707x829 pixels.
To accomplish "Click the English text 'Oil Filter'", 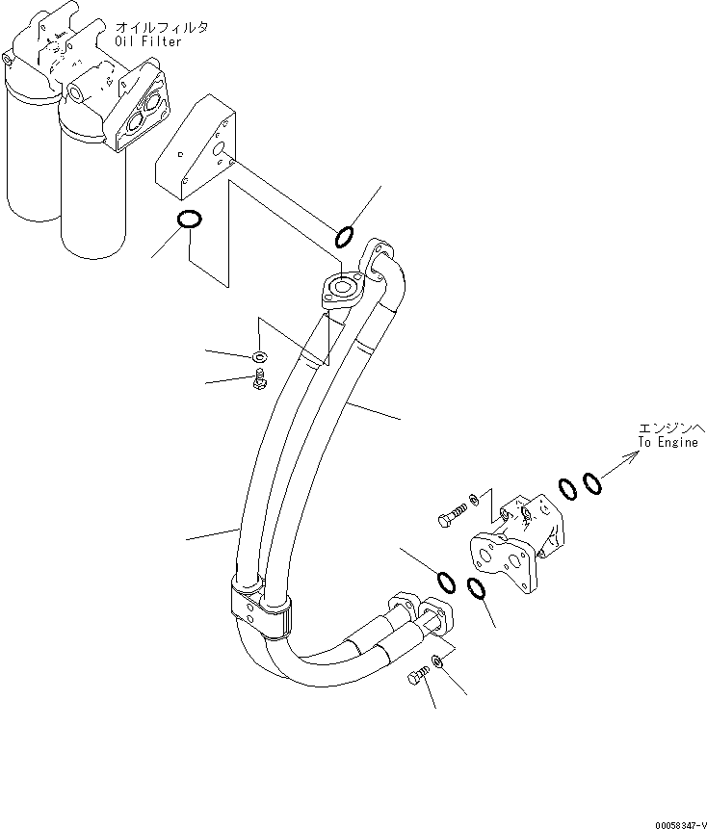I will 147,40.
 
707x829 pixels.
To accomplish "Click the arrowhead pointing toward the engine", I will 632,460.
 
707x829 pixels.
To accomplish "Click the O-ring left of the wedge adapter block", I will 191,220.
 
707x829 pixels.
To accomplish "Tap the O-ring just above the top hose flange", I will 345,236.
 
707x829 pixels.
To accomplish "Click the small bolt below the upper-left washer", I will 258,382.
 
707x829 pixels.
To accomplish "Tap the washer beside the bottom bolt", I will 436,661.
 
